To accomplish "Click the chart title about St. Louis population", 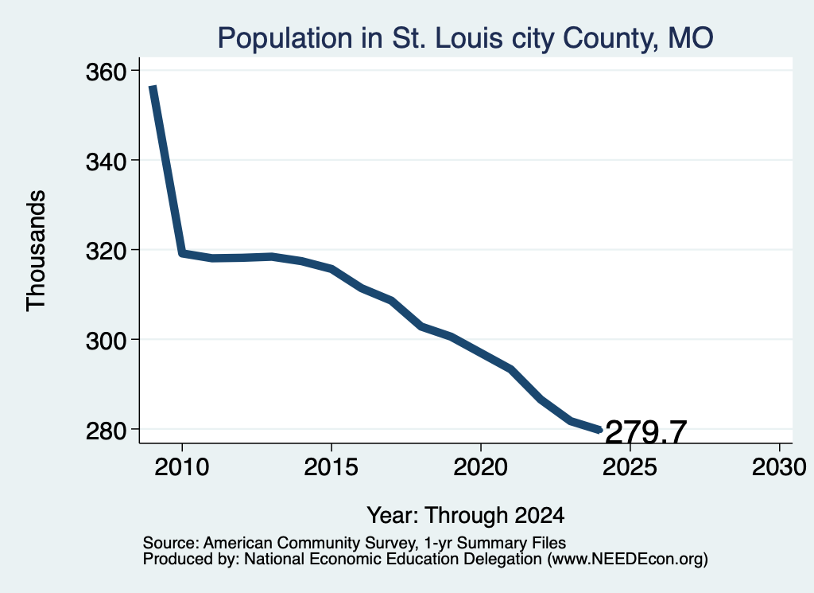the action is pos(465,38).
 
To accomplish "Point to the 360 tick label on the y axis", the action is pos(107,72).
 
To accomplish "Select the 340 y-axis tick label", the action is pos(107,162).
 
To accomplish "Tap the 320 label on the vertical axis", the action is pos(107,252).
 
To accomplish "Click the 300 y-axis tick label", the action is pos(107,341).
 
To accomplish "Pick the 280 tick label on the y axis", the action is pos(107,431).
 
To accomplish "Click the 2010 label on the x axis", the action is pos(182,466).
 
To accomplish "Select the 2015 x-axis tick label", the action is pos(331,466).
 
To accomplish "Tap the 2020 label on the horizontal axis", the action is pos(481,466).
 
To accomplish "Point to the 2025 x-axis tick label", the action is pos(630,466).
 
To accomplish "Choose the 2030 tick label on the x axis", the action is pos(779,466).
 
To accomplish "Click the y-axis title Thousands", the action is pos(37,251).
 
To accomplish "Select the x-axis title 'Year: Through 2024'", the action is pos(466,516).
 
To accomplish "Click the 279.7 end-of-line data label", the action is pos(645,432).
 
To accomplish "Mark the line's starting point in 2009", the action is pos(153,87).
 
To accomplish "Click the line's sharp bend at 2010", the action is pos(182,253).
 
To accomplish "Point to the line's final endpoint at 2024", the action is pos(600,430).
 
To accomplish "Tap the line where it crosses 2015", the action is pos(331,269).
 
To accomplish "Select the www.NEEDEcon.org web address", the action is pos(627,560).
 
